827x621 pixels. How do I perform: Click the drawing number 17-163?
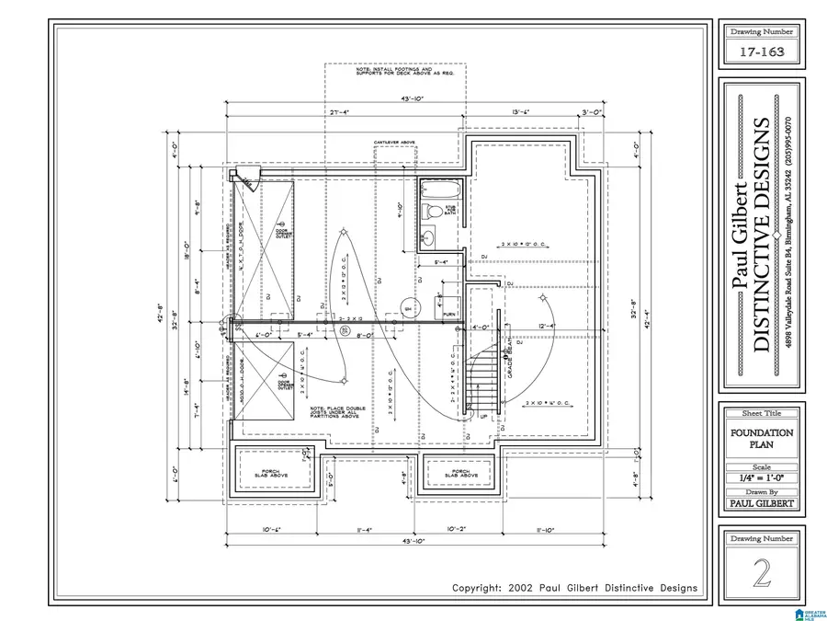762,52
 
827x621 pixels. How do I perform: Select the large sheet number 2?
761,573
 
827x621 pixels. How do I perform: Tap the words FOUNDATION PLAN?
762,438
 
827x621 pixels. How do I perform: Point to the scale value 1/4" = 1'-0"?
762,478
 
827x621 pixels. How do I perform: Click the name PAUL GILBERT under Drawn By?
762,503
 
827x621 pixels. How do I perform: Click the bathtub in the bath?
442,191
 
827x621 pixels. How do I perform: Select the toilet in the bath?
432,213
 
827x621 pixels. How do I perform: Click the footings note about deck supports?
395,71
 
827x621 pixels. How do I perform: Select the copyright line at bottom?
574,588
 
